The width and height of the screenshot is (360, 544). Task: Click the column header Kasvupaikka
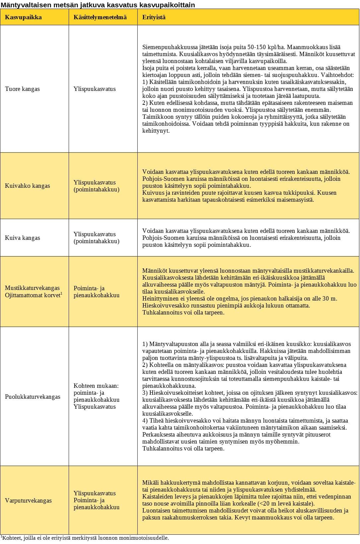(23, 17)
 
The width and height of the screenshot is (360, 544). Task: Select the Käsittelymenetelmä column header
(100, 17)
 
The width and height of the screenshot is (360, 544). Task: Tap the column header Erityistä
(154, 17)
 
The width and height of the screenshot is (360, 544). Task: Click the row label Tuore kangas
(22, 89)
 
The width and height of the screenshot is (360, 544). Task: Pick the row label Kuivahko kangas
(27, 186)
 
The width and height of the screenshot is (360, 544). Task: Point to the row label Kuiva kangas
(22, 238)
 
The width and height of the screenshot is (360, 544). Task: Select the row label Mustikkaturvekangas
(32, 288)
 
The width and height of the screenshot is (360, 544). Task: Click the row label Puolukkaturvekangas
(33, 397)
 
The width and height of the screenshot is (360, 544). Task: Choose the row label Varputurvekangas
(28, 501)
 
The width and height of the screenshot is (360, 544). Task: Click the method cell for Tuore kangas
(95, 89)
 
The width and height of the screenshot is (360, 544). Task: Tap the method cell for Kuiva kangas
(96, 238)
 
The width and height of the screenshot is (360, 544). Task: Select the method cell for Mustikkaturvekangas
(96, 292)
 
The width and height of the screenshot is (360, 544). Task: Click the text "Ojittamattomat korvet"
(33, 295)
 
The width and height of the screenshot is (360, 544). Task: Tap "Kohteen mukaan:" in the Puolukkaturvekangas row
(96, 386)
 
